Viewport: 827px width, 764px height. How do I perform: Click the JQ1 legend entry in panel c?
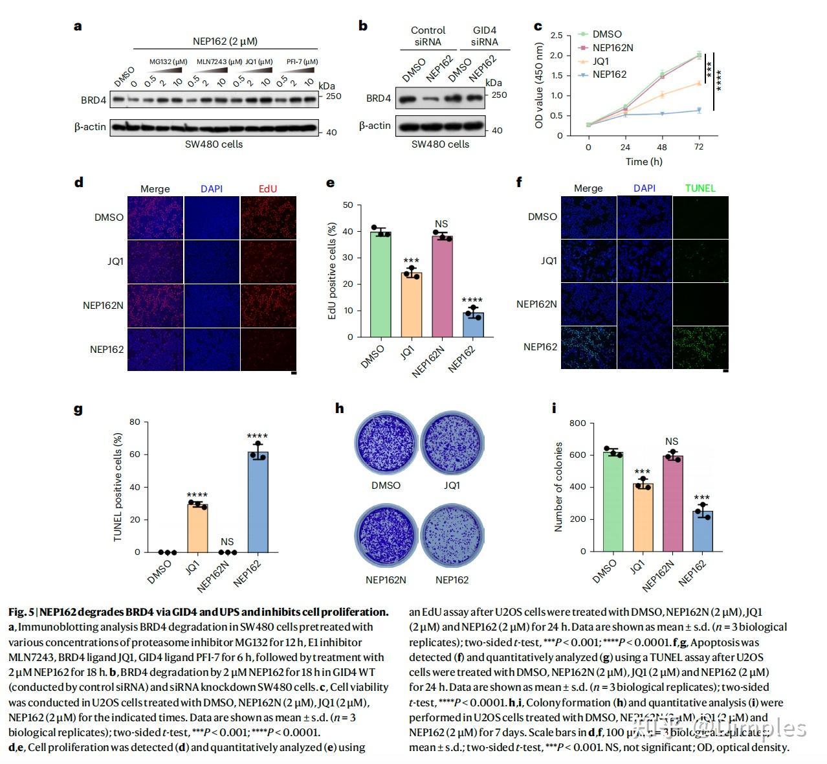pyautogui.click(x=600, y=62)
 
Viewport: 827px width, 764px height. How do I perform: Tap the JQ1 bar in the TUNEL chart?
pyautogui.click(x=197, y=528)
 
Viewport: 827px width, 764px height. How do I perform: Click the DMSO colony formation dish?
pyautogui.click(x=386, y=445)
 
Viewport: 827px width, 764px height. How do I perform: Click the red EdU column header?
pyautogui.click(x=268, y=188)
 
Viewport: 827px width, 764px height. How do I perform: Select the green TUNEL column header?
pyautogui.click(x=700, y=188)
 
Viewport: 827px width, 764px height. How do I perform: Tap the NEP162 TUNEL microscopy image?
pyautogui.click(x=701, y=347)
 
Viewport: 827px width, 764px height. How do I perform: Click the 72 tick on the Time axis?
pyautogui.click(x=699, y=147)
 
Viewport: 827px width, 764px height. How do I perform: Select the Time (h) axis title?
pyautogui.click(x=643, y=162)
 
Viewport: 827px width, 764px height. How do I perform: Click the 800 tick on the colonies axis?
pyautogui.click(x=578, y=423)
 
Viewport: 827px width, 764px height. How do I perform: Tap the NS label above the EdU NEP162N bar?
pyautogui.click(x=442, y=224)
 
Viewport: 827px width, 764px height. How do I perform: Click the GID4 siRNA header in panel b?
pyautogui.click(x=485, y=36)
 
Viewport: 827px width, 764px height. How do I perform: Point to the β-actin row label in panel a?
pyautogui.click(x=90, y=127)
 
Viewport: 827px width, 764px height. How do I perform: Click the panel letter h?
pyautogui.click(x=340, y=409)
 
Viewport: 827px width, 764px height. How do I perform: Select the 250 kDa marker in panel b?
pyautogui.click(x=500, y=95)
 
